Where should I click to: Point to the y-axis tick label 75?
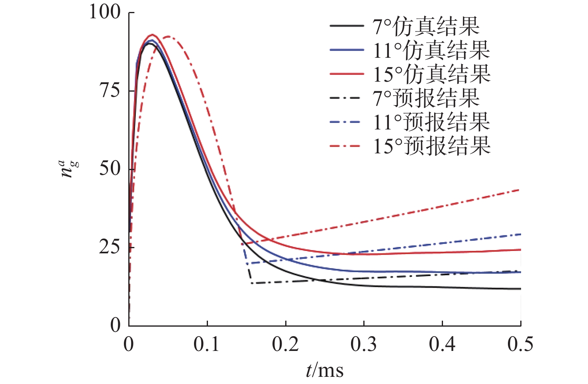(110, 91)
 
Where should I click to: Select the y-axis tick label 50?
(110, 169)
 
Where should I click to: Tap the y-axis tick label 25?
(110, 247)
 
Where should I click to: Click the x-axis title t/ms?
(325, 370)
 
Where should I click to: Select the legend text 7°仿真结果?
(426, 26)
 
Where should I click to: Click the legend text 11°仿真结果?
(431, 50)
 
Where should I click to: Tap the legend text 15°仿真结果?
(431, 74)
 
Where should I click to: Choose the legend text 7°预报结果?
(426, 98)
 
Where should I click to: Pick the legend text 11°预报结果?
(431, 122)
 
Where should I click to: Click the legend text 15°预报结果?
(431, 146)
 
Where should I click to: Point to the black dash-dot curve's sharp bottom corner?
(251, 283)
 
